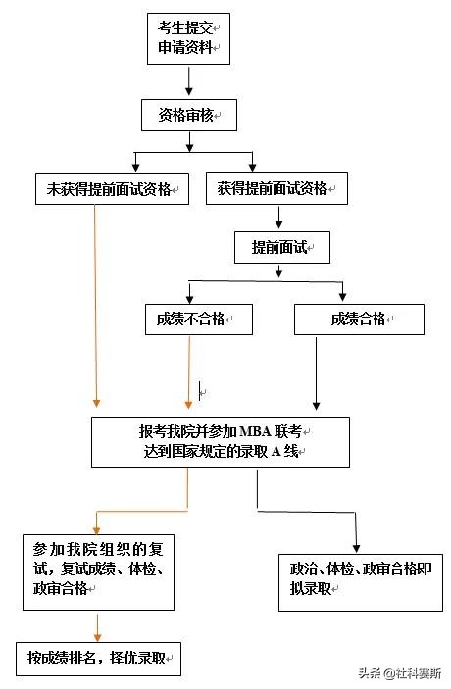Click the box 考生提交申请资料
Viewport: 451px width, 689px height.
click(188, 39)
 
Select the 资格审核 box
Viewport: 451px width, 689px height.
click(188, 116)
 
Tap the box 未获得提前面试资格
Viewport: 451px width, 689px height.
click(111, 188)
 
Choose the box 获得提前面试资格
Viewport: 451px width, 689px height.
click(277, 188)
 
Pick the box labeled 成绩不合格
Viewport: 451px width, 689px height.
click(198, 319)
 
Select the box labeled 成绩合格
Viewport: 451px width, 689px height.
click(359, 319)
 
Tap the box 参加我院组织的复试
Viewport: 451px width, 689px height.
click(98, 571)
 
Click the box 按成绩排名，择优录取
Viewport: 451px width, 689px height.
click(98, 659)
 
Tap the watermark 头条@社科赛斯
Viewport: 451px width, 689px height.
click(398, 674)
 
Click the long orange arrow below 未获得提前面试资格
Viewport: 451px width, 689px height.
click(96, 304)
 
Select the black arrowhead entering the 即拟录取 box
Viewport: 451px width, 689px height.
click(355, 548)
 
